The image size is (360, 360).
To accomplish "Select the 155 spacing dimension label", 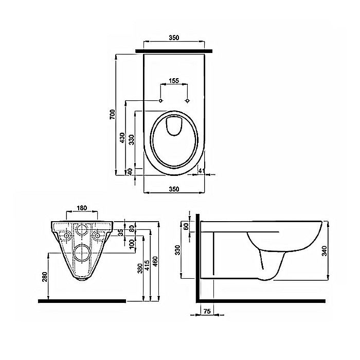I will pyautogui.click(x=174, y=81).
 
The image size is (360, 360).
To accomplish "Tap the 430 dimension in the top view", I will pyautogui.click(x=122, y=137).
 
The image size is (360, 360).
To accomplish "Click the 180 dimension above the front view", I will pyautogui.click(x=81, y=208).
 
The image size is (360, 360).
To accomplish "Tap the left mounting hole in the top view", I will pyautogui.click(x=161, y=99).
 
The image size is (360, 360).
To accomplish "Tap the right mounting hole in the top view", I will pyautogui.click(x=188, y=99).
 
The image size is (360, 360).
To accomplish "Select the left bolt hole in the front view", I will pyautogui.click(x=65, y=234).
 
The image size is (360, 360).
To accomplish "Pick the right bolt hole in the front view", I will pyautogui.click(x=98, y=234).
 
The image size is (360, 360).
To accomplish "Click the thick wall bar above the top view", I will pyautogui.click(x=174, y=50).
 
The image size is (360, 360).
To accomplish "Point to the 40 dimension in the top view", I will pyautogui.click(x=130, y=171).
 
